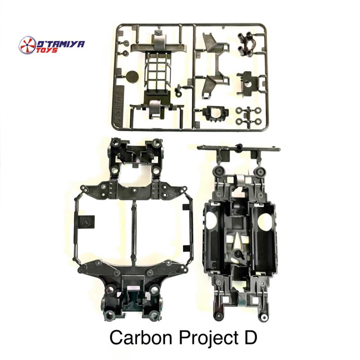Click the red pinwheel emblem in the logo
tap(27, 45)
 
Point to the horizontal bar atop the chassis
tap(238, 148)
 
